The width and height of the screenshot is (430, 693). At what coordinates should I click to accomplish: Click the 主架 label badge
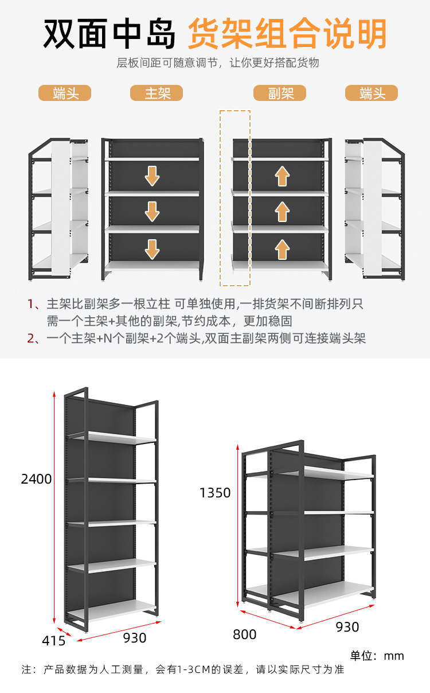[x=157, y=93]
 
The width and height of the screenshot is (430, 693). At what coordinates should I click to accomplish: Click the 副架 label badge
[x=280, y=93]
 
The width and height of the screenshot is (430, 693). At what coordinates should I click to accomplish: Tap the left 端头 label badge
[x=65, y=93]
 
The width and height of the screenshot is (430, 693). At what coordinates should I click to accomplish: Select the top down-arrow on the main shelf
[x=152, y=176]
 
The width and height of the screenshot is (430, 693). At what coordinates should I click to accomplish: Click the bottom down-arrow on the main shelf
[x=152, y=249]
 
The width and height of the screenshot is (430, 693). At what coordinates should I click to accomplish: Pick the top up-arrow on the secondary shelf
[x=282, y=176]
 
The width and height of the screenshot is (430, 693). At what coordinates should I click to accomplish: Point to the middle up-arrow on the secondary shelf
[x=282, y=212]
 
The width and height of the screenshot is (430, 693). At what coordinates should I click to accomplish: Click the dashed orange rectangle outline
[x=235, y=111]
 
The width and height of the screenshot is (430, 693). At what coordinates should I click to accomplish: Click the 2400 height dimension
[x=36, y=478]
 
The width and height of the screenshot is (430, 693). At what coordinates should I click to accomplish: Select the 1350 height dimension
[x=215, y=492]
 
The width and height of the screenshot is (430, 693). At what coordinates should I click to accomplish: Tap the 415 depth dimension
[x=54, y=641]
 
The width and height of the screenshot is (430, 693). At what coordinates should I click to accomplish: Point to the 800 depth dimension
[x=245, y=634]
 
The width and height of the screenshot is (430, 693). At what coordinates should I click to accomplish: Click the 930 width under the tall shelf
[x=135, y=637]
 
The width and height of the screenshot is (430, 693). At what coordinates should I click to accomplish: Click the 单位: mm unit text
[x=377, y=655]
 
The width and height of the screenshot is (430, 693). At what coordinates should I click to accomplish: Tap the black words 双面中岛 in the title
[x=110, y=34]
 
